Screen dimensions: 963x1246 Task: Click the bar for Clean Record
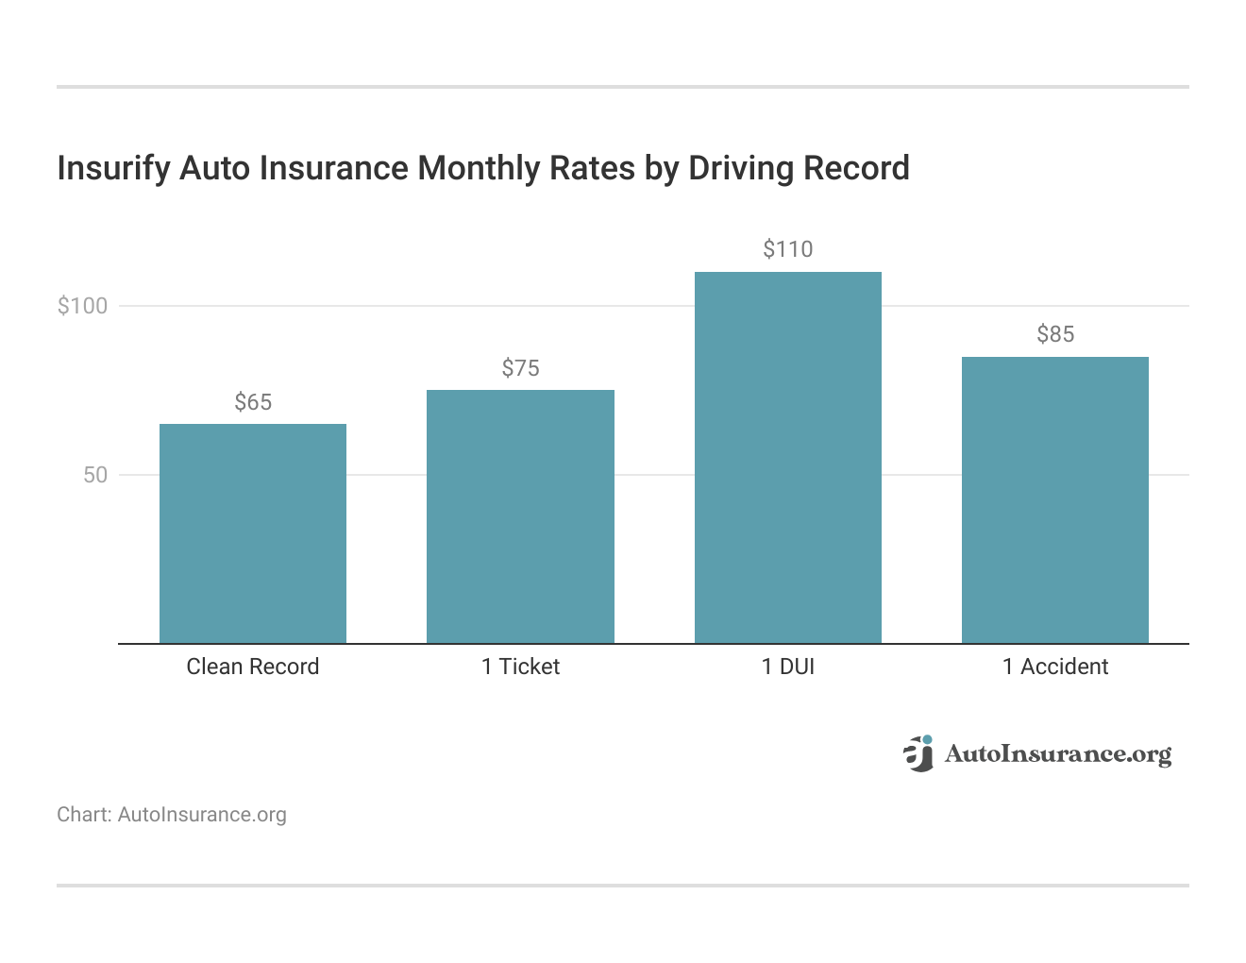pos(253,533)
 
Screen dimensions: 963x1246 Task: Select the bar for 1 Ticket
pos(520,516)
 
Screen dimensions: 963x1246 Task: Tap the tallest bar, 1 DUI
pos(788,458)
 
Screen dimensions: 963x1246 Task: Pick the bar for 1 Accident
pos(1055,500)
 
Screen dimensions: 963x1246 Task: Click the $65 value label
pos(253,403)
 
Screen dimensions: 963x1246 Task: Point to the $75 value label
pos(520,368)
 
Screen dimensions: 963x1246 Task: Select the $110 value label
pos(788,250)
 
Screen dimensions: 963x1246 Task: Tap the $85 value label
pos(1055,334)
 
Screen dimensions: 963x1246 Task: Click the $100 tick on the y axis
pos(83,306)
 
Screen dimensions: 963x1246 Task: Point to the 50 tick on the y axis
pos(95,475)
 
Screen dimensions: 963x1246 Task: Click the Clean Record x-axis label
pos(253,667)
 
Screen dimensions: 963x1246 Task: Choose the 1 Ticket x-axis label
pos(520,667)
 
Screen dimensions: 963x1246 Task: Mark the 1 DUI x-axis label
pos(788,667)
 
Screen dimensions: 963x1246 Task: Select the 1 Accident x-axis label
pos(1055,667)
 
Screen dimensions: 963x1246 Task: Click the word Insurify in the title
pos(113,169)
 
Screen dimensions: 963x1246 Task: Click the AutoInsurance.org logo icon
pos(918,753)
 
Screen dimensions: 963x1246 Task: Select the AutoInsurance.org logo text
pos(1057,754)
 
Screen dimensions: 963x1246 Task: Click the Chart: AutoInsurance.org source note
pos(172,815)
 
